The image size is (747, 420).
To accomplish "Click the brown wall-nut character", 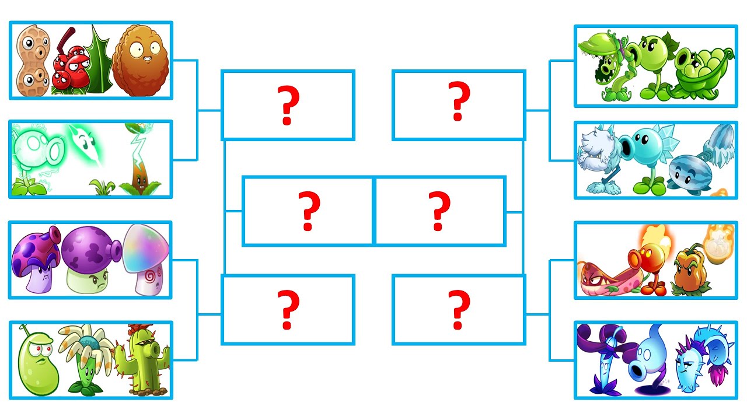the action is [140, 61].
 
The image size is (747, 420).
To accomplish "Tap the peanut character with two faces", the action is [33, 61].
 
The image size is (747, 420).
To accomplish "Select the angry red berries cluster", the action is [71, 69].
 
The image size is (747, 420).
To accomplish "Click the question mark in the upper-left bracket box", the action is [288, 106].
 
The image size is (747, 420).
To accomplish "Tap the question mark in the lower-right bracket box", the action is [459, 310].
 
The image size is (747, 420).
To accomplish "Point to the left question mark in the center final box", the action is [309, 211].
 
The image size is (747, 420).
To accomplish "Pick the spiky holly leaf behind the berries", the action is [99, 61].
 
